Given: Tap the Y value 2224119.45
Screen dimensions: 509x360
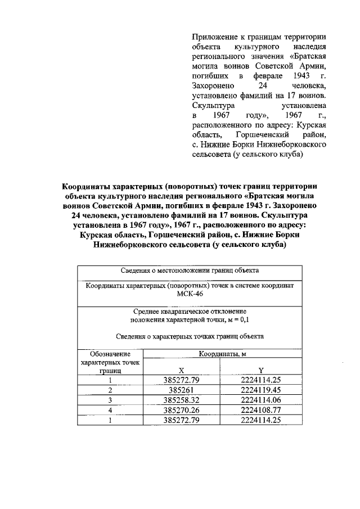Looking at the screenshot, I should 260,389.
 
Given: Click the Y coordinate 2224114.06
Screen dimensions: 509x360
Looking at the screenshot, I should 260,399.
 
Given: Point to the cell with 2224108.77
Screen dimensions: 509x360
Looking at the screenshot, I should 260,409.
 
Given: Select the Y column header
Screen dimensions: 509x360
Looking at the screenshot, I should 261,371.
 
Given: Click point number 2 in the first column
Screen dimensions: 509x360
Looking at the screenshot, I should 111,389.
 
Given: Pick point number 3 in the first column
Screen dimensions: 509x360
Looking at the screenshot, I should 111,399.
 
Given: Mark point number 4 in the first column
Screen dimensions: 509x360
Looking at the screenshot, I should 111,409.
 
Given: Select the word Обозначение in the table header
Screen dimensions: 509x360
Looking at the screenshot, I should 111,354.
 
